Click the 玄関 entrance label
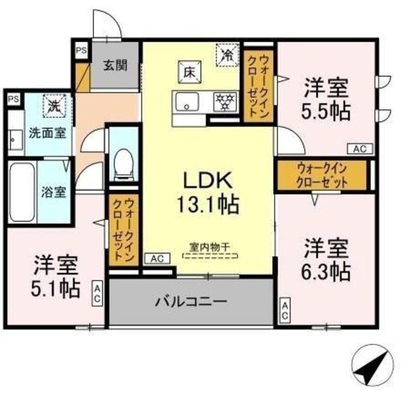click(x=115, y=65)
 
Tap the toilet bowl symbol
click(x=124, y=164)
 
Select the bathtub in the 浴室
click(x=22, y=192)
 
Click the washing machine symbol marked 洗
click(x=54, y=105)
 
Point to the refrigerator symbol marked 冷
click(x=227, y=55)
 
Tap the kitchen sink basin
click(x=187, y=101)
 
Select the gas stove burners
click(x=225, y=101)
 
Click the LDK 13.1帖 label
click(x=208, y=193)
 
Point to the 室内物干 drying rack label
click(x=209, y=247)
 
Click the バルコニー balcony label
click(x=191, y=302)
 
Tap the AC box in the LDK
click(x=158, y=259)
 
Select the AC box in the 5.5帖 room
click(x=360, y=149)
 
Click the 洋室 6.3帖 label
click(x=326, y=259)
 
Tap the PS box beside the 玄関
click(x=81, y=50)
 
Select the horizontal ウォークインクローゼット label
click(x=322, y=175)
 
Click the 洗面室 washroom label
click(x=47, y=133)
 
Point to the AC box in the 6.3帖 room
click(x=285, y=311)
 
